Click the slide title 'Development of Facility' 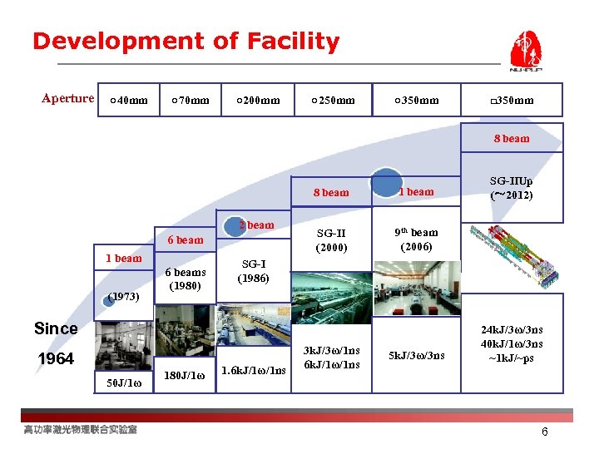pos(186,42)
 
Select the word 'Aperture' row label pos(68,99)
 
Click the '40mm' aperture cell pos(129,101)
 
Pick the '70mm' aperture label pos(190,101)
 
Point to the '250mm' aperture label pos(333,101)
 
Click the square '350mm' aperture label pos(512,101)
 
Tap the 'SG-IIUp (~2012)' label pos(512,187)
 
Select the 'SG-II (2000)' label pos(331,240)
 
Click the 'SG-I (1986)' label pos(253,271)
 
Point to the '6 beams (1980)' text pos(185,279)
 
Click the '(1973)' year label pos(123,295)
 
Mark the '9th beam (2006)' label pos(416,239)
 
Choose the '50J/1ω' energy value pos(124,382)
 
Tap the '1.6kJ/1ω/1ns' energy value pos(254,369)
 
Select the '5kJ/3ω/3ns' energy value pos(416,356)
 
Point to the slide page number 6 pos(545,432)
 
